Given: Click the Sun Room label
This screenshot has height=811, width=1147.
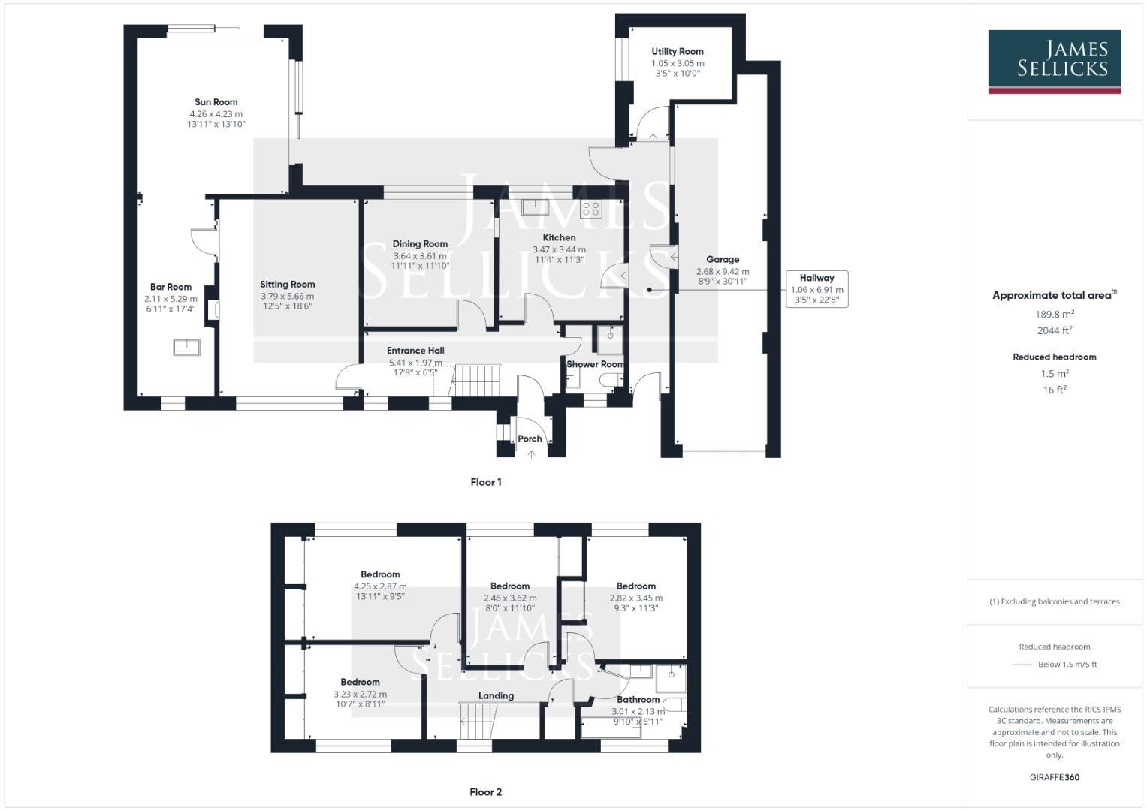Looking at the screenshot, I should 216,102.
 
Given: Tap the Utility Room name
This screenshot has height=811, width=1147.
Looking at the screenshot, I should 678,52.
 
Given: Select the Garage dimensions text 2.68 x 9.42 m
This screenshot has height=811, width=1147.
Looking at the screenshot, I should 723,272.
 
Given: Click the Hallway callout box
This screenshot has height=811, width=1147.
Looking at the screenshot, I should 816,289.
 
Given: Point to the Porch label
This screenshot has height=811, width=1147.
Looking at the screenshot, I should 530,439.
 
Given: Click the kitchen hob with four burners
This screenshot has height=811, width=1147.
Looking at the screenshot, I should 591,209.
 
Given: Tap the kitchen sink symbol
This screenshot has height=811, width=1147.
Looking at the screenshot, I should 536,207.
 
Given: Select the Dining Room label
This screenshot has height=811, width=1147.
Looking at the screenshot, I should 420,243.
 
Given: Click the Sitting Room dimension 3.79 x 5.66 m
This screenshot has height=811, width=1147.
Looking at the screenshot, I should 288,296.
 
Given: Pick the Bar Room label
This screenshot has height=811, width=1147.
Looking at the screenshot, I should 171,287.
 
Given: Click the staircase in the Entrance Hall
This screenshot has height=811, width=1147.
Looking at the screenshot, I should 475,381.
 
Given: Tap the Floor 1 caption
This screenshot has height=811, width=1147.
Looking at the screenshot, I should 486,482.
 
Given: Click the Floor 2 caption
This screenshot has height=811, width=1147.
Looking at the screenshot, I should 486,791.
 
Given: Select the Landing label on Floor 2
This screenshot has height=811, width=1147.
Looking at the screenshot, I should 496,695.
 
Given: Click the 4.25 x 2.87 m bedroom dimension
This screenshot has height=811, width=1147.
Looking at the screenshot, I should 380,586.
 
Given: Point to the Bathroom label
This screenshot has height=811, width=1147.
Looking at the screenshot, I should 638,699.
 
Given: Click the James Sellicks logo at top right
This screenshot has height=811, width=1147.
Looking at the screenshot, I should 1054,61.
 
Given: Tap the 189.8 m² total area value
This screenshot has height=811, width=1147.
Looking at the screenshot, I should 1055,314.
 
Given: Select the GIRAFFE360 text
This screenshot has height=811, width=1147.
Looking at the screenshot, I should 1055,777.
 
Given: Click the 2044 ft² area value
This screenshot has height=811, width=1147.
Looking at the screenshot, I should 1055,330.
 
